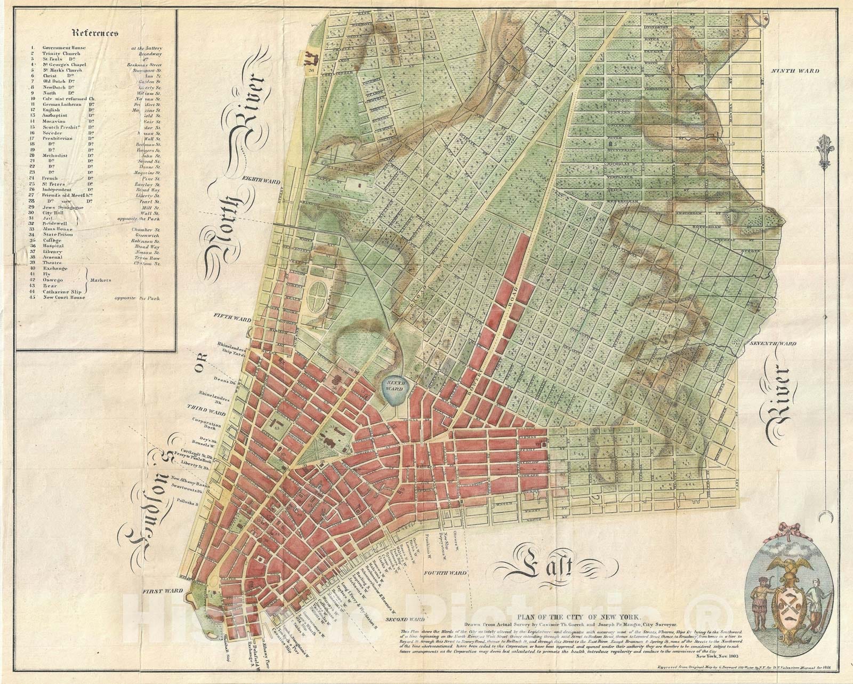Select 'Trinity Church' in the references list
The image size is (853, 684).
click(60, 54)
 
